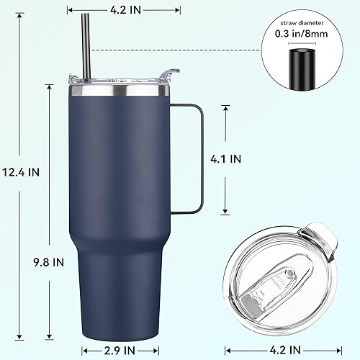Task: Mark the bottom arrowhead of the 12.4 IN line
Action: pyautogui.click(x=50, y=337)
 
